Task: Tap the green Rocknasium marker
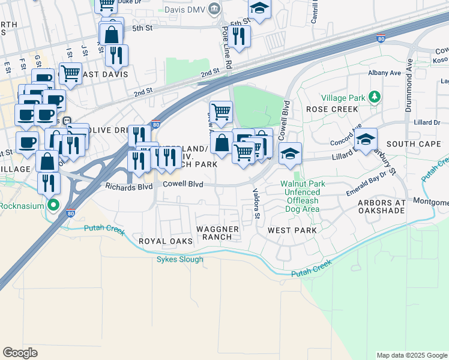coord(53,206)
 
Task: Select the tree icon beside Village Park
coord(375,96)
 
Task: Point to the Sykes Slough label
coord(179,259)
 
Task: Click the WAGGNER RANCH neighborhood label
coord(218,233)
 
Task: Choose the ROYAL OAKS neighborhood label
coord(165,241)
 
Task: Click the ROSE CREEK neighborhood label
coord(332,109)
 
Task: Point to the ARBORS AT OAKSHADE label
coord(382,207)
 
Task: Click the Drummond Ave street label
coord(410,79)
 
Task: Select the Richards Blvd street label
coord(129,186)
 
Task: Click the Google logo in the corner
coord(20,353)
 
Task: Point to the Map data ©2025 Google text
coord(411,355)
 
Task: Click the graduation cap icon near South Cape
coord(365,140)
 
